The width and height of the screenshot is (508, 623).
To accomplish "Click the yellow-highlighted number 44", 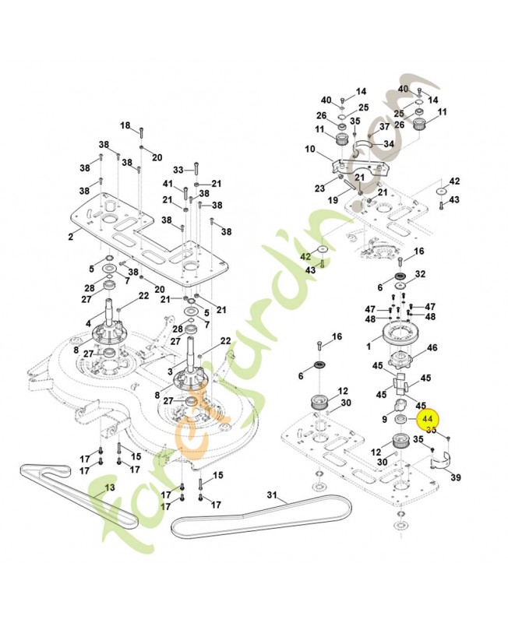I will tap(427, 419).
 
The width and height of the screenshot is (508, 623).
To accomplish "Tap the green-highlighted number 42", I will tap(306, 257).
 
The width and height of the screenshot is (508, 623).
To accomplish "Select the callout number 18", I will tap(125, 125).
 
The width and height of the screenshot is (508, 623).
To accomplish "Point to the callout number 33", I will tap(178, 169).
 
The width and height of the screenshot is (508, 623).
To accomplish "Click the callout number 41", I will tap(168, 183).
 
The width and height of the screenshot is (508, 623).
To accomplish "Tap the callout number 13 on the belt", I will tap(110, 487).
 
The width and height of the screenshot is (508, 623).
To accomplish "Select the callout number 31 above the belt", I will tap(272, 495).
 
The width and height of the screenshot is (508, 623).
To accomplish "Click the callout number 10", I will tap(309, 149).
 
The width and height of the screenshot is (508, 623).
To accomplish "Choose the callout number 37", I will tap(384, 126).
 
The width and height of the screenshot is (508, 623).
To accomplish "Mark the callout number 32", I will tap(420, 274).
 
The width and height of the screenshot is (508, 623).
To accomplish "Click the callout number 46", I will tap(432, 348).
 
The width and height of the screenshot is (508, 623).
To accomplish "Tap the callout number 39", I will tap(457, 477).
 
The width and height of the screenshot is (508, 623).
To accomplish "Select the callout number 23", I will tap(319, 188).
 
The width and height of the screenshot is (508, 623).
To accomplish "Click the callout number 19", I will tap(332, 200).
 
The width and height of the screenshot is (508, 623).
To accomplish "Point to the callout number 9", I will tap(384, 420).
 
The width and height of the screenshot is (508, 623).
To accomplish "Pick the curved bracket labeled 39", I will tap(439, 464).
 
